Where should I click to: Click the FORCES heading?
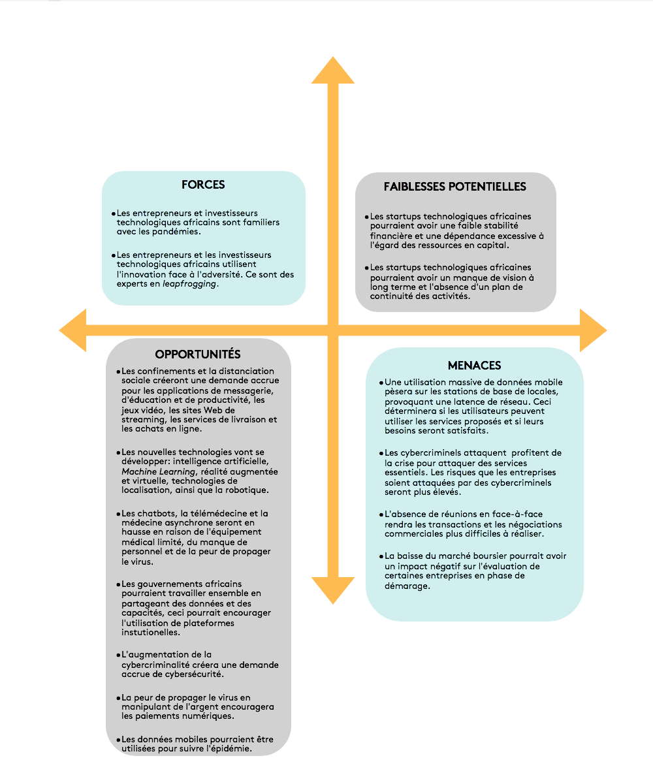coord(203,185)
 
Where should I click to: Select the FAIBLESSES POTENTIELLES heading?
coord(455,187)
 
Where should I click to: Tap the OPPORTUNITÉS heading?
coord(198,355)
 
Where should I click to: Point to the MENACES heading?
coord(475,366)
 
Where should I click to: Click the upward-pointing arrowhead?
coord(333,71)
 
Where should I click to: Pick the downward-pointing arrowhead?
coord(333,590)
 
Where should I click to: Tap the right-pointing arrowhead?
coord(592,330)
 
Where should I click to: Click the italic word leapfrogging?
coord(189,285)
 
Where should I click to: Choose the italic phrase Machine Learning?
coord(157,471)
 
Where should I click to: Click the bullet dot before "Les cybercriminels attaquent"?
coord(381,453)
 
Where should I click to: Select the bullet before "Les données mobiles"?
coord(118,739)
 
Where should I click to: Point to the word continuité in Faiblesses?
coord(394,296)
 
